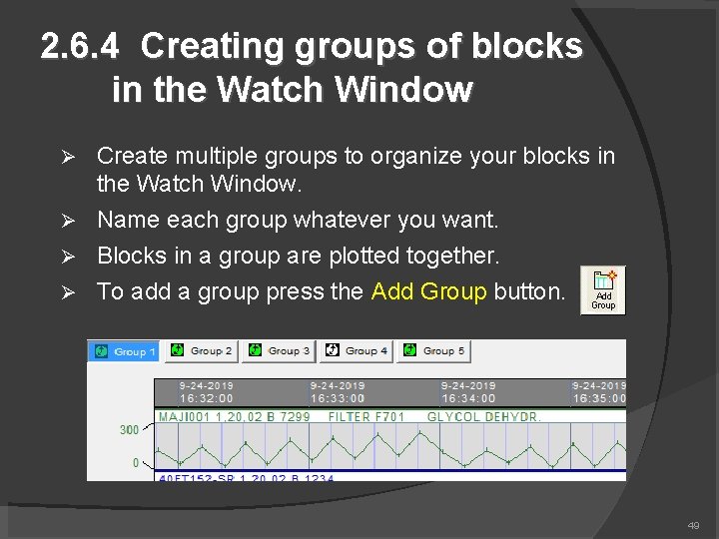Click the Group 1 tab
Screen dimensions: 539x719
point(124,351)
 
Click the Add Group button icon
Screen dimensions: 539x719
point(603,289)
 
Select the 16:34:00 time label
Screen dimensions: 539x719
point(467,397)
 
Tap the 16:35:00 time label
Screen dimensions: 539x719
point(598,397)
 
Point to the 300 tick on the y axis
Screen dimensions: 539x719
point(130,430)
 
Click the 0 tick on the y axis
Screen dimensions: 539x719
point(135,463)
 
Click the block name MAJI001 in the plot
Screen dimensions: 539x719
point(181,417)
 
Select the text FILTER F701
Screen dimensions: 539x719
point(364,417)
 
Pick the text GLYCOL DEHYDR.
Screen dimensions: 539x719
point(483,417)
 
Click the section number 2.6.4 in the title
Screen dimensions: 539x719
point(83,46)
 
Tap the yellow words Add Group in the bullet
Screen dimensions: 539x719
point(428,291)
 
